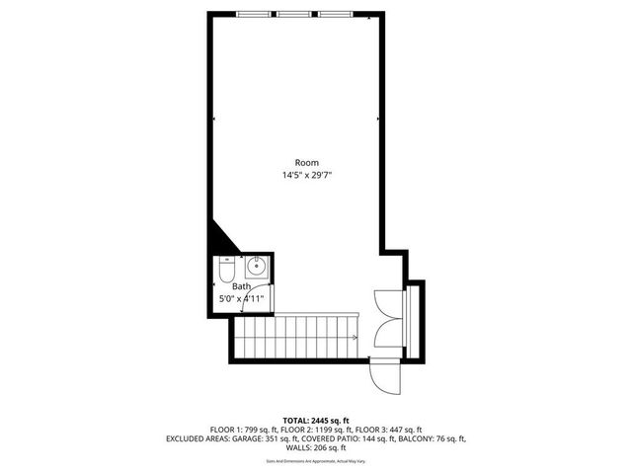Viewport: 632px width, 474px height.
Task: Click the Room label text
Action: point(306,163)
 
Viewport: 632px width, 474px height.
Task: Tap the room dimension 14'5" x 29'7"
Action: point(306,176)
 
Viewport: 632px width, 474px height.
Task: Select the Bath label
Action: point(242,286)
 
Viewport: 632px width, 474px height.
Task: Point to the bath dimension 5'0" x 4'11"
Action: point(241,298)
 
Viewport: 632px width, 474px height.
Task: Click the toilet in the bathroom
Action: point(226,268)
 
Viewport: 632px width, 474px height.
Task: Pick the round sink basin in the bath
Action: point(256,265)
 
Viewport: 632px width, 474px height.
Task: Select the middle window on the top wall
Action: point(291,14)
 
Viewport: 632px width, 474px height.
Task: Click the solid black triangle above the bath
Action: point(218,239)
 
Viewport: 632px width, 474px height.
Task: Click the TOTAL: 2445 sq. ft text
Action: point(315,420)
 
